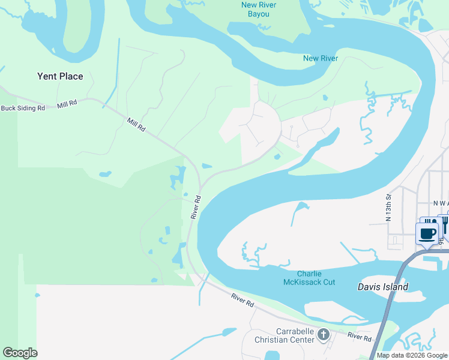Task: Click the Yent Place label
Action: (x=60, y=76)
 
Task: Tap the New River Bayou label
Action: (x=258, y=10)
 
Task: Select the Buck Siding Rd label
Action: (x=23, y=108)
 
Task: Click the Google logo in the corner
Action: (x=20, y=353)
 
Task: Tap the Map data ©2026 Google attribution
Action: (x=412, y=355)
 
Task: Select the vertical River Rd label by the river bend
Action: (x=195, y=206)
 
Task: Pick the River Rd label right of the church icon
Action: (x=359, y=337)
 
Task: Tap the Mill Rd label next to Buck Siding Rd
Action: (x=67, y=104)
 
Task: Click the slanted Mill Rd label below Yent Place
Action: (x=136, y=124)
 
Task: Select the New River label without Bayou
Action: (x=321, y=58)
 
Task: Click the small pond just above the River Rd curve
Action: (x=206, y=166)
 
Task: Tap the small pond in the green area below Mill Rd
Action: (x=105, y=174)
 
